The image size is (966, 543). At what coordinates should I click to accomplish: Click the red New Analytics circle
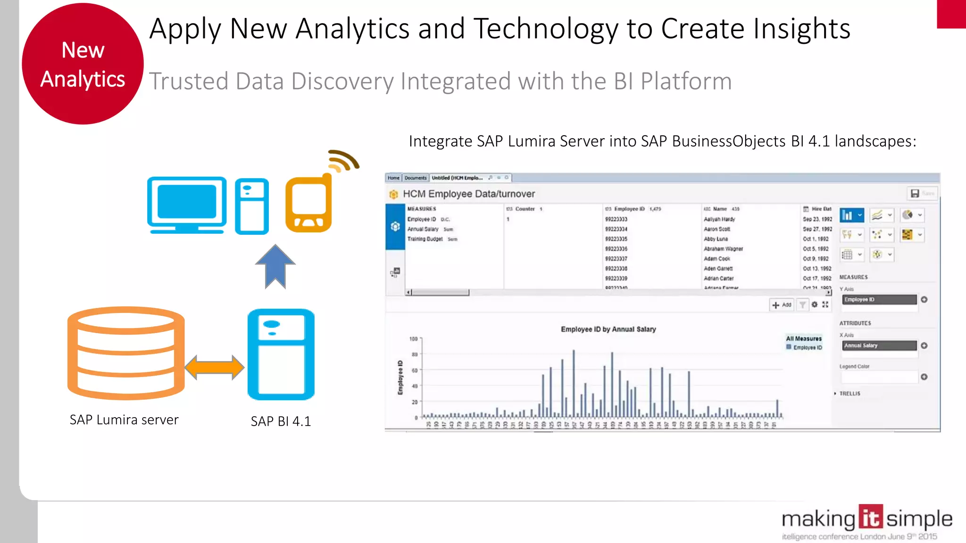(83, 64)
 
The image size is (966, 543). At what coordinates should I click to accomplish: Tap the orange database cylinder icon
(126, 353)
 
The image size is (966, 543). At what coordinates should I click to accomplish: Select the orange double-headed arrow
(215, 367)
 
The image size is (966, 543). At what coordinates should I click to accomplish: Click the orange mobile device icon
(309, 204)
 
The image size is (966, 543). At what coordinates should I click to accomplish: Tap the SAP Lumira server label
(124, 420)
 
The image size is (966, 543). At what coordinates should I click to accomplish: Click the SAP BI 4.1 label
(281, 421)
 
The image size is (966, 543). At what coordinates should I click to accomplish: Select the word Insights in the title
(802, 29)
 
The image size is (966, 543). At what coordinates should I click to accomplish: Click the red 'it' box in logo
(870, 518)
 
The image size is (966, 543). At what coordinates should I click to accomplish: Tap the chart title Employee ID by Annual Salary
(608, 329)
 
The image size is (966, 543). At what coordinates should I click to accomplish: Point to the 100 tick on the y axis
(413, 339)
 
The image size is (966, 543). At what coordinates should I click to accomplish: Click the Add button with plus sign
(782, 305)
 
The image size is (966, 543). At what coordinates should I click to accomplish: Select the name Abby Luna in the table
(716, 239)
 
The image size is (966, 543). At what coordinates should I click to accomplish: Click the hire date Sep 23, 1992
(817, 219)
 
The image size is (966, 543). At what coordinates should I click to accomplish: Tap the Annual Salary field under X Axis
(879, 346)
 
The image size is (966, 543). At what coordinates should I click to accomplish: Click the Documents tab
(415, 178)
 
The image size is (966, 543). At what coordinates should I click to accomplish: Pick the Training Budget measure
(425, 239)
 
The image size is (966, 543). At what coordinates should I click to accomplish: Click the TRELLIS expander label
(849, 394)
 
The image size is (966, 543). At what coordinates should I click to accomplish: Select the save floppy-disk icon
(915, 193)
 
